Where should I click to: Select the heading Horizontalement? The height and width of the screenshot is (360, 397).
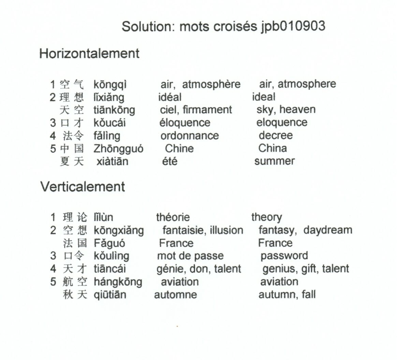tap(89, 54)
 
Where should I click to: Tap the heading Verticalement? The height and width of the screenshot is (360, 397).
tap(83, 187)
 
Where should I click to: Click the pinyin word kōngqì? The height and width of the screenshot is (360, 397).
tap(110, 85)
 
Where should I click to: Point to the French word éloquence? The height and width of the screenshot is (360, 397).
tap(185, 123)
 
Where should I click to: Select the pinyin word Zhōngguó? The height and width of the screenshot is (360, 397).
tap(118, 149)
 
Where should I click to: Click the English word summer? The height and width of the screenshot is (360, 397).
tap(275, 161)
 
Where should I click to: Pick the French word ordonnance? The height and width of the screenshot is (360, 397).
tap(190, 136)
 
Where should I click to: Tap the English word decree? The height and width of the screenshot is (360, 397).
tap(276, 135)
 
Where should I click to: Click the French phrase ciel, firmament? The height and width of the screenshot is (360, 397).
tap(196, 110)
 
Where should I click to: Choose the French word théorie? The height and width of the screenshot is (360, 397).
tap(173, 217)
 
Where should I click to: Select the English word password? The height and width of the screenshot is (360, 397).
tap(284, 256)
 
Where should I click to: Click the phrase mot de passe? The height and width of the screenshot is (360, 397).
tap(190, 256)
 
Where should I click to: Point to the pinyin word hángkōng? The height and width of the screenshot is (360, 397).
tap(118, 282)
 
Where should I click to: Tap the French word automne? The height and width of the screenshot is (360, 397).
tap(175, 295)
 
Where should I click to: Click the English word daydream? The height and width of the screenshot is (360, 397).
tap(328, 230)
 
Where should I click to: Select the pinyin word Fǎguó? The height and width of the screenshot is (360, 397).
tap(109, 243)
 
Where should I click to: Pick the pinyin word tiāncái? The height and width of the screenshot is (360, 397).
tap(109, 269)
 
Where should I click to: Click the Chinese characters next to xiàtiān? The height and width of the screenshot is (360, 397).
tap(72, 161)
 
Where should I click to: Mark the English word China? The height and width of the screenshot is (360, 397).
tap(273, 148)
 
